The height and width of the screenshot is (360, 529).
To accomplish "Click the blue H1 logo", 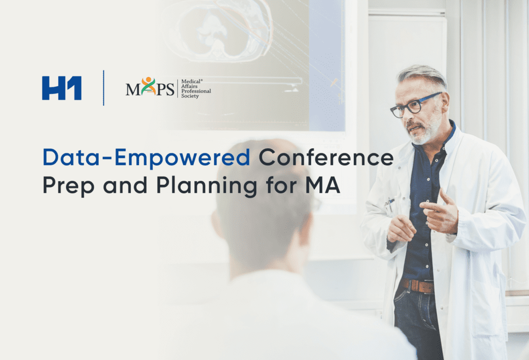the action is [x=62, y=88].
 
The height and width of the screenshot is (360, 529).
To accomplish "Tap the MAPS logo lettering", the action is [x=150, y=87].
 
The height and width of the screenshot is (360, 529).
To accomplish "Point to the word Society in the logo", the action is [x=190, y=96].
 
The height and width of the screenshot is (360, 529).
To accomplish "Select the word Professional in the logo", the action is [x=196, y=91].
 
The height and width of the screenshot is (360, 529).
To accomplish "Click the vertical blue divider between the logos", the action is [x=103, y=88].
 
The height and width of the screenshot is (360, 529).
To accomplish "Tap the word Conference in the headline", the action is [x=326, y=157].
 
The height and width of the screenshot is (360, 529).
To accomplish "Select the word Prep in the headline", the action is [x=68, y=185].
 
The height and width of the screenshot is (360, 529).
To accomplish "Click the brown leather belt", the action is [x=417, y=286].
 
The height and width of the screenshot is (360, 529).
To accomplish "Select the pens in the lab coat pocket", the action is [x=390, y=204].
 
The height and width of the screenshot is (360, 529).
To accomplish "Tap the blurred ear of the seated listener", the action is [x=215, y=223].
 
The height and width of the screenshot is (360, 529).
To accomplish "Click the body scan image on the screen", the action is [x=216, y=31].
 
